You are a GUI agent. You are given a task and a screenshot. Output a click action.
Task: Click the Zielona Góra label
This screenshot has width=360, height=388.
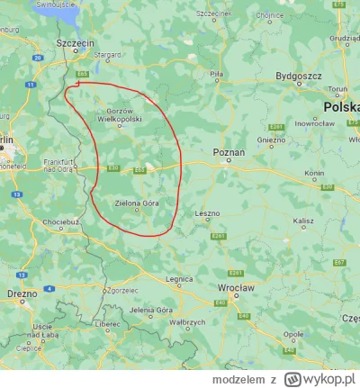[137, 203]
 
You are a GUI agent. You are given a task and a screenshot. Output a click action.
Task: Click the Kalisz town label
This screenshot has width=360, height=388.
[302, 220]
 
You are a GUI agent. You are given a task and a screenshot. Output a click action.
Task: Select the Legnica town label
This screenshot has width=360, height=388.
[180, 279]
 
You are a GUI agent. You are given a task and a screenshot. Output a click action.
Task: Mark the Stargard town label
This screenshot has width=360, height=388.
[107, 55]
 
